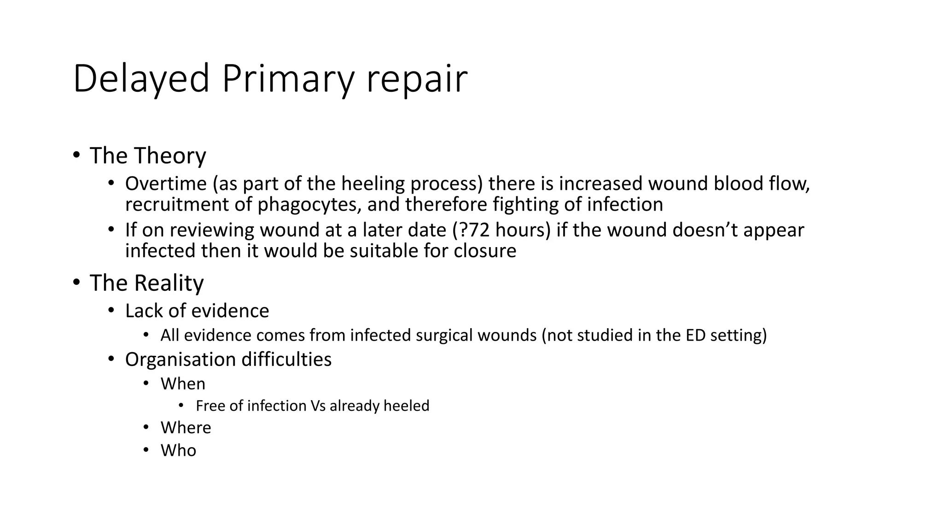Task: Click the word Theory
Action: coord(170,156)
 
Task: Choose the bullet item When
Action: coord(183,384)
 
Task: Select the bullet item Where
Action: coord(186,428)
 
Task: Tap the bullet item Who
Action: coord(178,450)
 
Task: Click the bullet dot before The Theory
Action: coord(76,155)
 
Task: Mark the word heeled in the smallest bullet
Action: coord(406,406)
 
